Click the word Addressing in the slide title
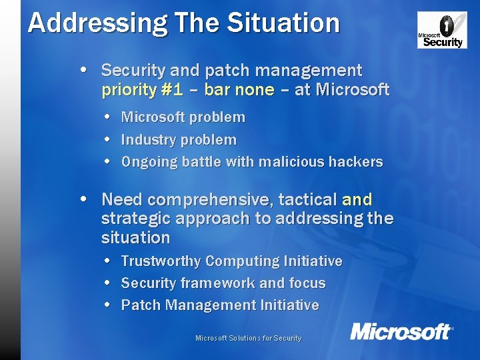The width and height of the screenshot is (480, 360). (x=76, y=23)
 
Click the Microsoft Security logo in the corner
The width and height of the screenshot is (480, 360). (x=442, y=30)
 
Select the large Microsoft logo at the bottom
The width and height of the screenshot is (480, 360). (x=401, y=331)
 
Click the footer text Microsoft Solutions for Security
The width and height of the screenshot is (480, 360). (x=248, y=338)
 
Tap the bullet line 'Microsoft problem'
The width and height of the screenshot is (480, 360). (x=183, y=117)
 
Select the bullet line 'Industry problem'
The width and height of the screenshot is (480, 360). (x=178, y=140)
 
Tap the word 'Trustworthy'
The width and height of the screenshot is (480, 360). (x=161, y=261)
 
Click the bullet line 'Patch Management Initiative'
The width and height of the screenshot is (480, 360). (x=219, y=305)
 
